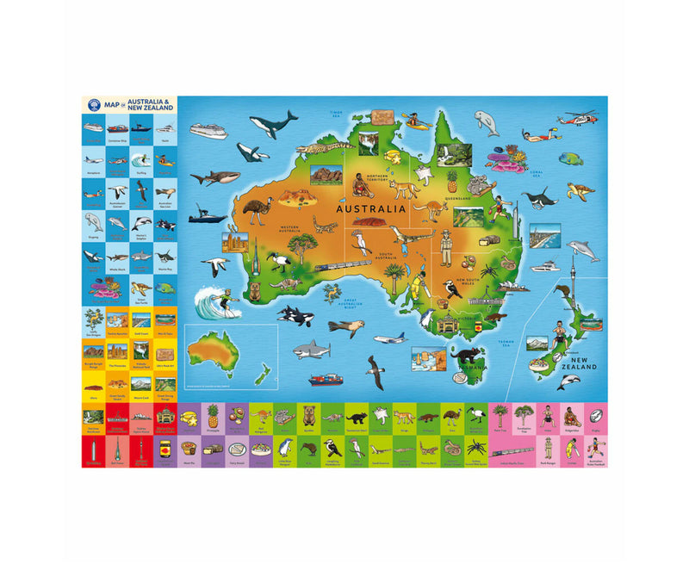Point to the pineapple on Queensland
click(x=451, y=180)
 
